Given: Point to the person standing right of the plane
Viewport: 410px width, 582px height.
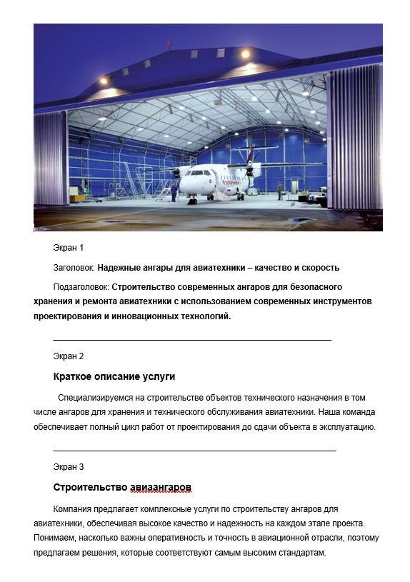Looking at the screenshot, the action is (x=279, y=190).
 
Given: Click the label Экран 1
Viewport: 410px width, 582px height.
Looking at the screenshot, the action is (x=69, y=248).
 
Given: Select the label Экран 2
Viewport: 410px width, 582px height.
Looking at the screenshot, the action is (x=69, y=356).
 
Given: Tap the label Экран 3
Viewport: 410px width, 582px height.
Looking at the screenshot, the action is (x=69, y=467).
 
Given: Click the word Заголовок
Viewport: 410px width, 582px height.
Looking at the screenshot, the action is (x=74, y=268).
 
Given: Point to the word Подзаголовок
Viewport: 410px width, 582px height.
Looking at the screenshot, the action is (x=81, y=286).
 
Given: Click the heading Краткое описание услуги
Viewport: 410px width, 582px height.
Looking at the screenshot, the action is (x=114, y=376).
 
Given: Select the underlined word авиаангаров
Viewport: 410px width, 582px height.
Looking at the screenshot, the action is (x=161, y=488).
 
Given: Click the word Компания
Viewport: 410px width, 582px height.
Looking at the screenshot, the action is (x=76, y=509).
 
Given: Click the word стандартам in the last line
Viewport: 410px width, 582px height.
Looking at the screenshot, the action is (x=301, y=553).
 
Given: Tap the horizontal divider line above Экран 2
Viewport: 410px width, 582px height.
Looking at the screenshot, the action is (x=192, y=341).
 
